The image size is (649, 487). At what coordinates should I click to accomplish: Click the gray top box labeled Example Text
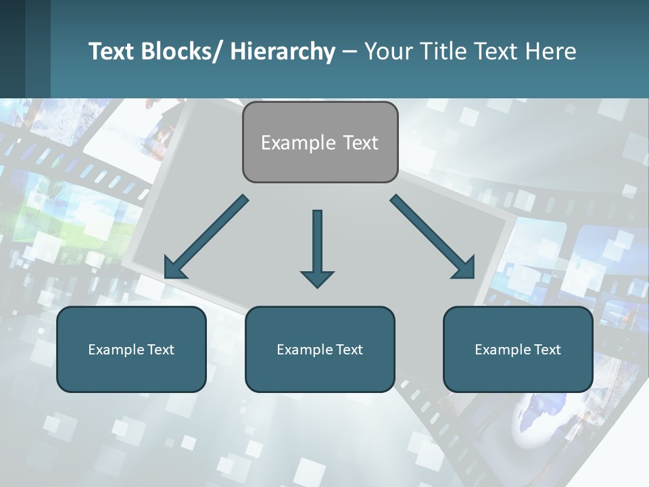coord(320,142)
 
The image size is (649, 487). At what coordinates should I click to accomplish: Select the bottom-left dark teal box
coord(131,349)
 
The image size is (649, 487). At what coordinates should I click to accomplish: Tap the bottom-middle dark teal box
coord(320,349)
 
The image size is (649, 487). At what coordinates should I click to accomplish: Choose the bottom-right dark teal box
coord(518,349)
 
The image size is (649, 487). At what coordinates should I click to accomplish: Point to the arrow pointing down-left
coord(206,237)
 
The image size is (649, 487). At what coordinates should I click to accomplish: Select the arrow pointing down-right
coord(433,237)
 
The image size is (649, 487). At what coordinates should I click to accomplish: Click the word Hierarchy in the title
coord(283,51)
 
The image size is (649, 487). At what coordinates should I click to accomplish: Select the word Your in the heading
coord(388,51)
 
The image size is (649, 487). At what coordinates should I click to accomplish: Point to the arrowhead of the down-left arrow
coord(174,269)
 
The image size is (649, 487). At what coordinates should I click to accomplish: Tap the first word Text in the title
coord(112,51)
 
